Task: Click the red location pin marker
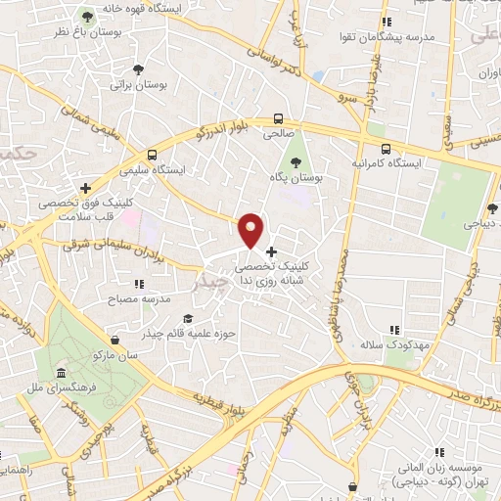click(251, 229)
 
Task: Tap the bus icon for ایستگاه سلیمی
click(152, 155)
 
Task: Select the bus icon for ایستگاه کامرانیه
click(386, 149)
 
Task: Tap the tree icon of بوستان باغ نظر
click(88, 17)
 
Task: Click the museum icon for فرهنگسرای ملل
click(62, 375)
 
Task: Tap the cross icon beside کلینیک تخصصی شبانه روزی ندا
click(271, 251)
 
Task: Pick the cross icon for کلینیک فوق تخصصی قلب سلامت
click(86, 187)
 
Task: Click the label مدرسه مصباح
click(144, 297)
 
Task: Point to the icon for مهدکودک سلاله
click(394, 331)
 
